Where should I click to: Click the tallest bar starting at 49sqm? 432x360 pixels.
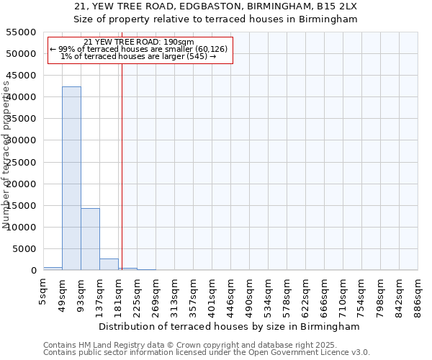point(71,179)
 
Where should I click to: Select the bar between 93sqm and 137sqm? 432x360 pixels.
point(91,239)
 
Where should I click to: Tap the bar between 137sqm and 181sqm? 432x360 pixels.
point(109,264)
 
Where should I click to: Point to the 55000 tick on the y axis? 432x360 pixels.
point(21,32)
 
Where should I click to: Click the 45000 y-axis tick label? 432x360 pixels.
point(21,76)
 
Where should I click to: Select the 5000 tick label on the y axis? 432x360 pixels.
point(24,248)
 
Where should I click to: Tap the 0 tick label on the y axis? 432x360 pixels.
point(34,270)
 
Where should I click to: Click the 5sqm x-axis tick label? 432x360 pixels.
point(42,292)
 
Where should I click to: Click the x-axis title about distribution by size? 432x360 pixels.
point(229,327)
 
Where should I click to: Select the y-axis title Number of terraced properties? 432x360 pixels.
point(6,155)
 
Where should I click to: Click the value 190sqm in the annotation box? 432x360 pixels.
point(179,42)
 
